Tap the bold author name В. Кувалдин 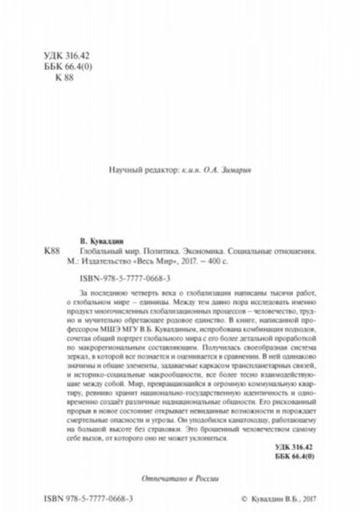tap(94, 234)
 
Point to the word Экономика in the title tap(205, 247)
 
